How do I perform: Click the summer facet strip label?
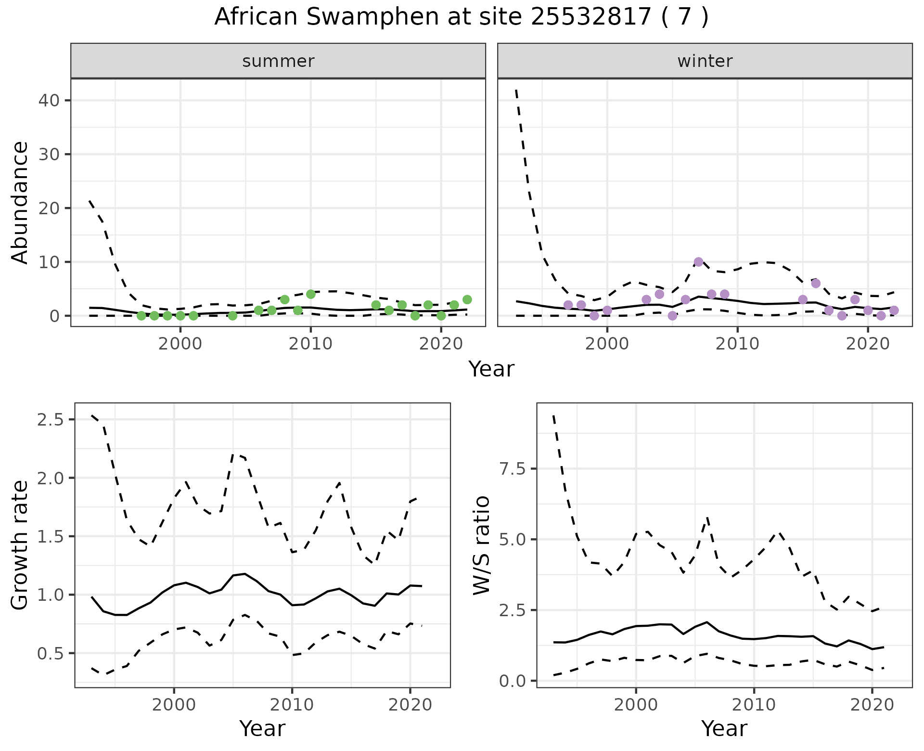(278, 61)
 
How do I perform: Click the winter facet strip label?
(705, 61)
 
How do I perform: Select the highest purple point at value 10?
(698, 262)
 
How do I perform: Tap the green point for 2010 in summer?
(310, 294)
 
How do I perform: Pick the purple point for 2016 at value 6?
(815, 283)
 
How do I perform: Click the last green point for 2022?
(467, 299)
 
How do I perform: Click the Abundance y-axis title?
(20, 202)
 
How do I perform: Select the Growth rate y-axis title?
(20, 545)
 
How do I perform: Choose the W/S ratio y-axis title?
(481, 545)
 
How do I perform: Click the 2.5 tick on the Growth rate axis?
(50, 420)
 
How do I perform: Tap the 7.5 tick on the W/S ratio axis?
(512, 469)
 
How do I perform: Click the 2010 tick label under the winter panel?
(737, 344)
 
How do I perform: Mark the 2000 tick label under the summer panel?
(180, 344)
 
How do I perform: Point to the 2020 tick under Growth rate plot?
(410, 705)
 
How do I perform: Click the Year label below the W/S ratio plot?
(724, 729)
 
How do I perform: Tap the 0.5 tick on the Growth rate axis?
(50, 654)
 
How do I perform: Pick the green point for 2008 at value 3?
(284, 299)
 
